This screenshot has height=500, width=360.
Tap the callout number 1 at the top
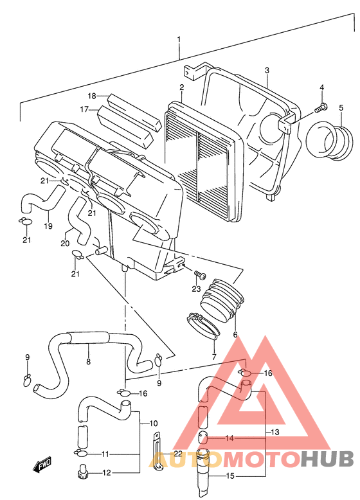[179, 40]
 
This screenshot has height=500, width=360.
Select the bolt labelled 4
[320, 109]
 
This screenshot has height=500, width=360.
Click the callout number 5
[341, 108]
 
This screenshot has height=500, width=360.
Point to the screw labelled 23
[200, 274]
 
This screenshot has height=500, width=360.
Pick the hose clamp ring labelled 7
[203, 325]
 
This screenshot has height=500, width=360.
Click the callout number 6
[235, 334]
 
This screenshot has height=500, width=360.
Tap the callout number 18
[92, 96]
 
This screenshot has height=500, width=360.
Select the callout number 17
[84, 109]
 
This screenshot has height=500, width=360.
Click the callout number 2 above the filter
[181, 87]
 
